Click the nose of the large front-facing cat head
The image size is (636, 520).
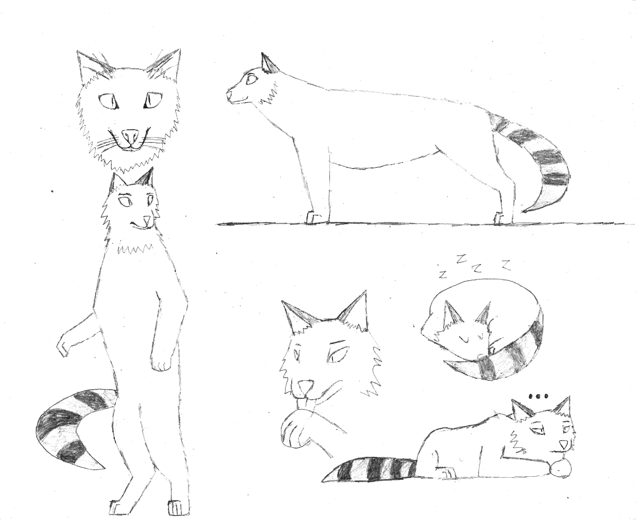[130, 136]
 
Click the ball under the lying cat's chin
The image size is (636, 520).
[560, 469]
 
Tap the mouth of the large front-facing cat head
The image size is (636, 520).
[130, 146]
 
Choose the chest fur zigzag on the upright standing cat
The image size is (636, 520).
[135, 249]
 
